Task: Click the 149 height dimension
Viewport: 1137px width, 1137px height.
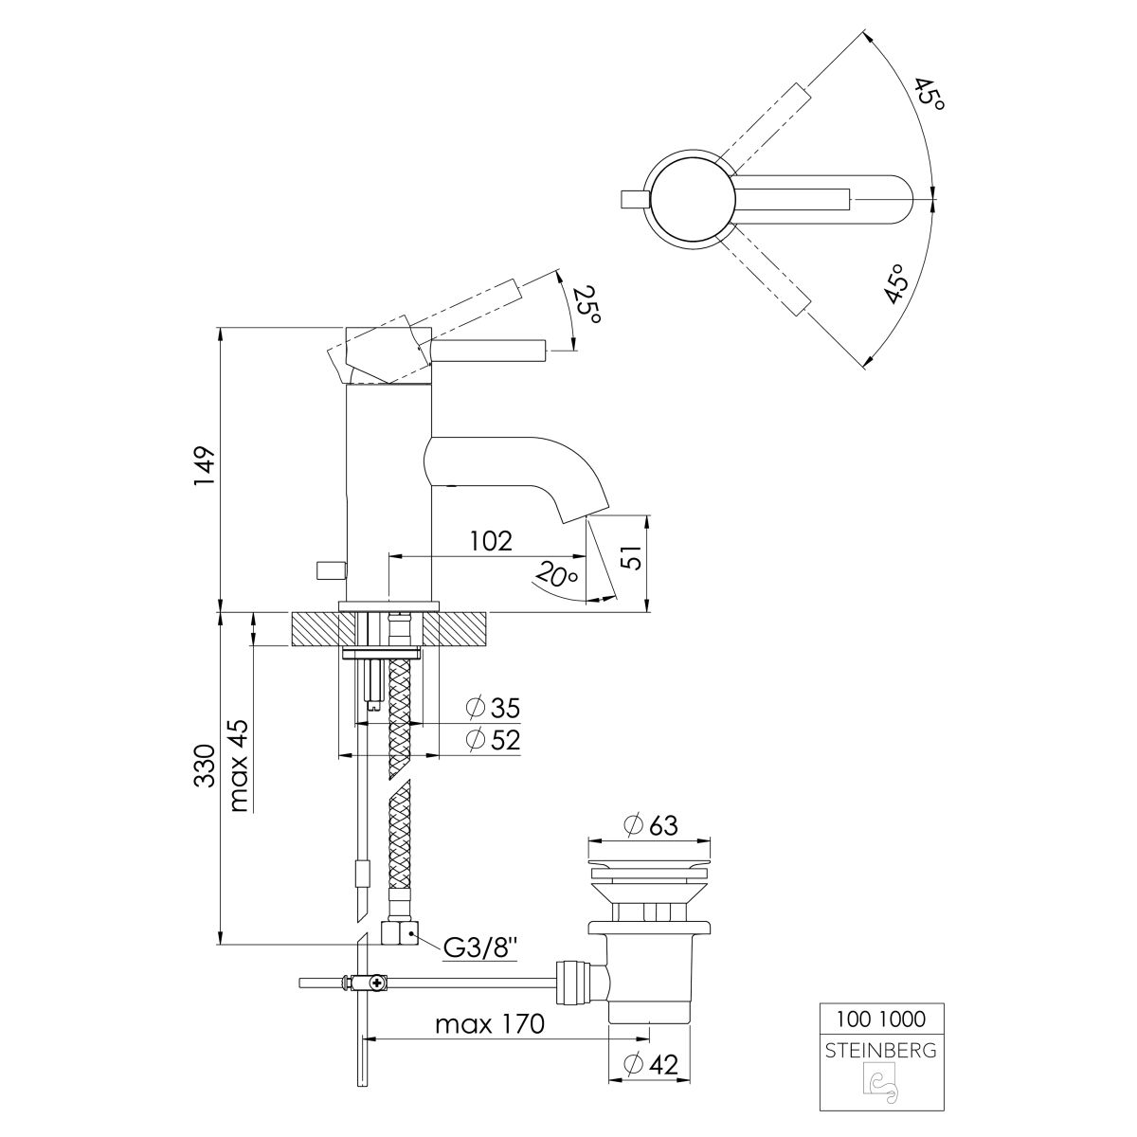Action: [205, 467]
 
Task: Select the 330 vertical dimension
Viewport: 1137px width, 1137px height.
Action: [205, 766]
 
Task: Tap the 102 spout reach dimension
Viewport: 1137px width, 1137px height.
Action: [492, 540]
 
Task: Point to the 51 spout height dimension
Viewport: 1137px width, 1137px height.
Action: [632, 556]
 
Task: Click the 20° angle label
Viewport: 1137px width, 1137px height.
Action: [555, 574]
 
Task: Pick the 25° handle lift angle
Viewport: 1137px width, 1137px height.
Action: [587, 304]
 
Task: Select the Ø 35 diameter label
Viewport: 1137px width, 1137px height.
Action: [493, 708]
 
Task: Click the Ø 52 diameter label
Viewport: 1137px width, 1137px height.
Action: [493, 740]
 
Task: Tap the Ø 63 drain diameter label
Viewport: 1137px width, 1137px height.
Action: [651, 825]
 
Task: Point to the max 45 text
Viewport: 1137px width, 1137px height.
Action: [239, 767]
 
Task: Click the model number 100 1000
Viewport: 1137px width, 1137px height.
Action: [881, 1019]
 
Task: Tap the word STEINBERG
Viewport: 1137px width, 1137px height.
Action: [881, 1051]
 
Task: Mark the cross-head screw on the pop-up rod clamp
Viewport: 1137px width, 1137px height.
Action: [374, 983]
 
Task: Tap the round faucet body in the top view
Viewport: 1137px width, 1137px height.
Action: [692, 199]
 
